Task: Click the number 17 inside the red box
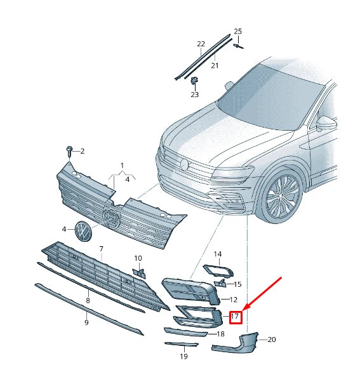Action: tap(235, 315)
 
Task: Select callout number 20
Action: tap(272, 340)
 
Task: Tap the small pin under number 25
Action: tap(238, 45)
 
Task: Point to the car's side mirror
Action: tap(327, 122)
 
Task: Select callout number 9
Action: tap(86, 322)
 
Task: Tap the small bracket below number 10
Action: tap(139, 273)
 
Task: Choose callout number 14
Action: tap(217, 254)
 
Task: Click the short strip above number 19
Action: tap(180, 345)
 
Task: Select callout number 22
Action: tap(201, 44)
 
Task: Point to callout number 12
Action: tap(233, 299)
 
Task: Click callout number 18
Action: tap(220, 334)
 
